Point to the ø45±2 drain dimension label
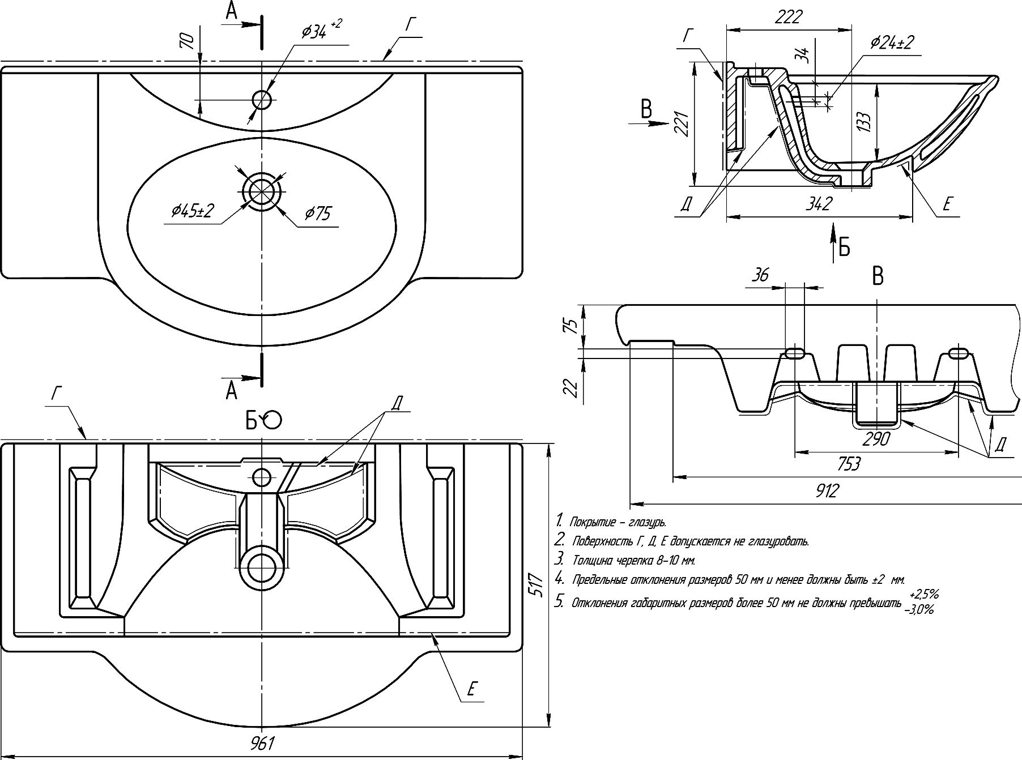point(193,212)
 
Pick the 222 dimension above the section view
point(789,18)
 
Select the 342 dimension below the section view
point(820,203)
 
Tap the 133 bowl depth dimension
point(863,122)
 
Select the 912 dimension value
point(827,490)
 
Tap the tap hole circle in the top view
point(262,100)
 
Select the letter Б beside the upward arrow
point(844,247)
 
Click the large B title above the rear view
point(878,277)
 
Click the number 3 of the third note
point(559,560)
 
